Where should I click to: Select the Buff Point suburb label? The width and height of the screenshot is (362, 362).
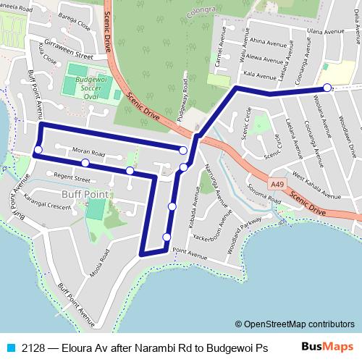pos(84,195)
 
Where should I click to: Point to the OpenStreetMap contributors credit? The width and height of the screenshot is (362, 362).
pos(294,324)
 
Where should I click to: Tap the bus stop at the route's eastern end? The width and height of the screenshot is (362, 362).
pos(327,88)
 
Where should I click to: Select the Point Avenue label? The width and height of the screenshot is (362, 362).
pos(190,255)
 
